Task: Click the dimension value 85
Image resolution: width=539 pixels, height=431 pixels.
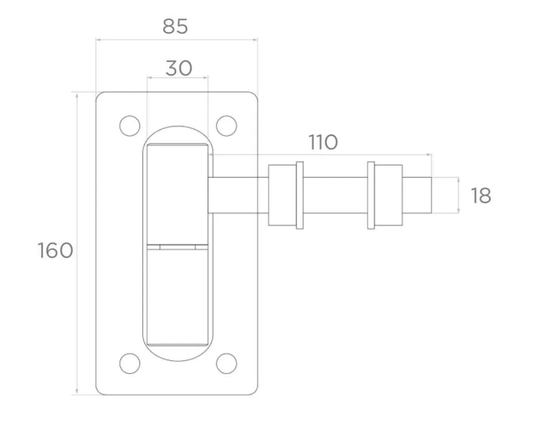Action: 175,27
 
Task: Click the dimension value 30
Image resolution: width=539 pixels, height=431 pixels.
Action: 179,68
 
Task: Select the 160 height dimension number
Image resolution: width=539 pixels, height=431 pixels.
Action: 55,250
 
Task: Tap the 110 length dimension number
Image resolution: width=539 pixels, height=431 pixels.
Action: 323,142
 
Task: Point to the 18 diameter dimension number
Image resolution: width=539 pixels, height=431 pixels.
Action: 481,196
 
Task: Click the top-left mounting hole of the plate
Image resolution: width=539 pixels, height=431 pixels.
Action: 130,126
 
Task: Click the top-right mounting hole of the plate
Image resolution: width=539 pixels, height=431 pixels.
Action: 227,126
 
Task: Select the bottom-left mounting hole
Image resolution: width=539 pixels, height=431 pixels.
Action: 130,363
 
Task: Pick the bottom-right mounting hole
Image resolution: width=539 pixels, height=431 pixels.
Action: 227,363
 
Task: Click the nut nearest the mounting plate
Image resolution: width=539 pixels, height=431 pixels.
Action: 282,195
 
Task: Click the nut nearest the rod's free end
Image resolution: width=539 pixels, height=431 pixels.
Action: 388,195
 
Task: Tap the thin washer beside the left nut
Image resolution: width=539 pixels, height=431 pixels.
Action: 300,195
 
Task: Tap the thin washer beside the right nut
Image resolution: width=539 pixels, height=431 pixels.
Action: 371,195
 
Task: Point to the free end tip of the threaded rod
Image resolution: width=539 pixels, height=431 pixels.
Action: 432,195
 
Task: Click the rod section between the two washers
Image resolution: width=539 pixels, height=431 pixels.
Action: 335,195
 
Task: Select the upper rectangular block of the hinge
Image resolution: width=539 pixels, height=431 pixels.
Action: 178,194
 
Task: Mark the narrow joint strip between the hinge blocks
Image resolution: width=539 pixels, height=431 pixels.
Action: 178,247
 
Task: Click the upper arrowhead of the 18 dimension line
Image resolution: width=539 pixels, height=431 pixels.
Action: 459,180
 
